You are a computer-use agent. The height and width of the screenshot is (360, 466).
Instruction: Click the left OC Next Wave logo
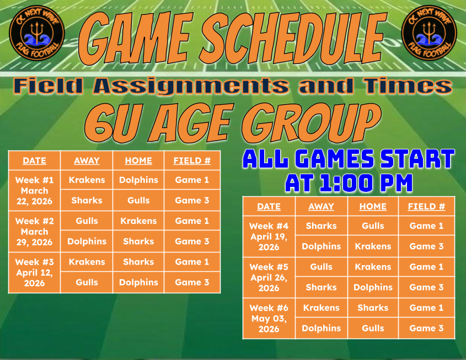37,33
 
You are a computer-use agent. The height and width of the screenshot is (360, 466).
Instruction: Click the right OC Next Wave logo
429,33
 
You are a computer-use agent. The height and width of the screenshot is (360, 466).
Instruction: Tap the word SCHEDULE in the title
293,38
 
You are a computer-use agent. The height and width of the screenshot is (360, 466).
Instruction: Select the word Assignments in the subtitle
191,86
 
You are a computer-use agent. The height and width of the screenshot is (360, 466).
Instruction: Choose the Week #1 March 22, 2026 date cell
35,190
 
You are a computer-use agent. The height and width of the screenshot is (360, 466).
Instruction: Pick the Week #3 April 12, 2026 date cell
35,273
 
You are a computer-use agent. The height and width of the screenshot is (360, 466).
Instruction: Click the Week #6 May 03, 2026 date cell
269,319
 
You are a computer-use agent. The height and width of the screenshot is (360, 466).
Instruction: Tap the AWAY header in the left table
87,160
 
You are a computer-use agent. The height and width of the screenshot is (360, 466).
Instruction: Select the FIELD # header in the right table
426,206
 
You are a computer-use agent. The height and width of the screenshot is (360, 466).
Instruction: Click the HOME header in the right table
373,206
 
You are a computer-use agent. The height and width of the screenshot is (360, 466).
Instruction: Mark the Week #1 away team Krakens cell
87,180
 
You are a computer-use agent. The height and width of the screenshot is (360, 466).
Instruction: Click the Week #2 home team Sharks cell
138,241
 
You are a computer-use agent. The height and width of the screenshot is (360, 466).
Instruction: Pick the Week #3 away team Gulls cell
87,282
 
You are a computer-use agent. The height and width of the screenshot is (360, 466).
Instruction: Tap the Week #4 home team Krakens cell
373,246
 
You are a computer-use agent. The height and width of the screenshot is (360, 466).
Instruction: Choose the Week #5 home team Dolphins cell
373,287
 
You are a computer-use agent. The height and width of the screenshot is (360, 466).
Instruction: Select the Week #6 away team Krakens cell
322,308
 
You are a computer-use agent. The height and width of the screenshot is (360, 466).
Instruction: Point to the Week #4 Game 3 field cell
426,246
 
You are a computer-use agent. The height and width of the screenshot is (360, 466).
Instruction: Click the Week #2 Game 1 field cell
192,221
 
